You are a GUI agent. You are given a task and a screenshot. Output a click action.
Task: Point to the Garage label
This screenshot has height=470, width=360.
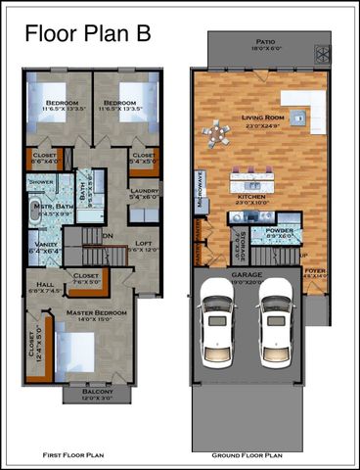(x=246, y=278)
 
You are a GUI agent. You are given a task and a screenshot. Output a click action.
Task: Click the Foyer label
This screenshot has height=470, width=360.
(x=314, y=272)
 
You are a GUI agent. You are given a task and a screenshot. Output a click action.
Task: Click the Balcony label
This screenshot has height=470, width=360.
(x=97, y=394)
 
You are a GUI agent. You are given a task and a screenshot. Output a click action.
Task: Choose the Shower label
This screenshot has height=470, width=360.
(x=41, y=182)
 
